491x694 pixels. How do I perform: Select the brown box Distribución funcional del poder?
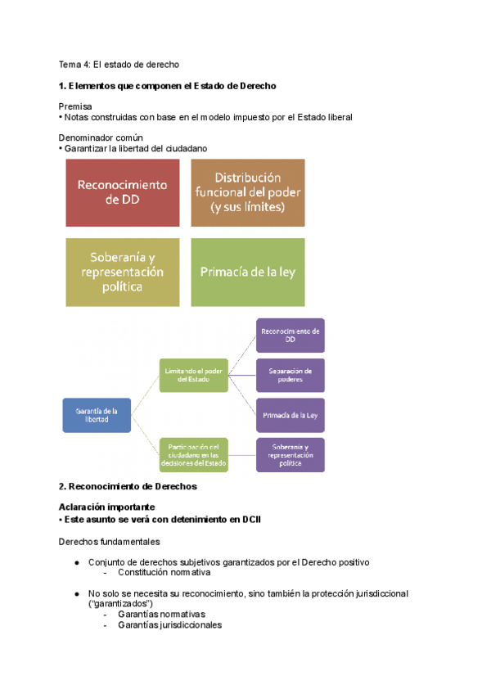(x=247, y=192)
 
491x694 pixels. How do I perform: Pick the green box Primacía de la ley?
(x=247, y=272)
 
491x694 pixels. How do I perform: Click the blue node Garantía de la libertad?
(x=97, y=415)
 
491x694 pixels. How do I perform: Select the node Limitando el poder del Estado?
(x=194, y=375)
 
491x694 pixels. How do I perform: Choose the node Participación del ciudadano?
(x=194, y=455)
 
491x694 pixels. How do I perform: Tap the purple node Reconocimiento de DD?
(x=291, y=335)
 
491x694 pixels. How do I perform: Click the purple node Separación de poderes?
(x=291, y=375)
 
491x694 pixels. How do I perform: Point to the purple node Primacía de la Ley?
(x=291, y=415)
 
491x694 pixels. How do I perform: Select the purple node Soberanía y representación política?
(x=291, y=455)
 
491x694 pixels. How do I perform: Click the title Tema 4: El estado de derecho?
(x=119, y=64)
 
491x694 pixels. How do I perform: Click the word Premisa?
(x=75, y=106)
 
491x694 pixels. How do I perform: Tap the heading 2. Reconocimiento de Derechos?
(x=128, y=486)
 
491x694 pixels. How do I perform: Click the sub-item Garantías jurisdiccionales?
(x=169, y=624)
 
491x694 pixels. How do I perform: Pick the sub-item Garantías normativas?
(x=161, y=614)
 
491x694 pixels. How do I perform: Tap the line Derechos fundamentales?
(x=109, y=542)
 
